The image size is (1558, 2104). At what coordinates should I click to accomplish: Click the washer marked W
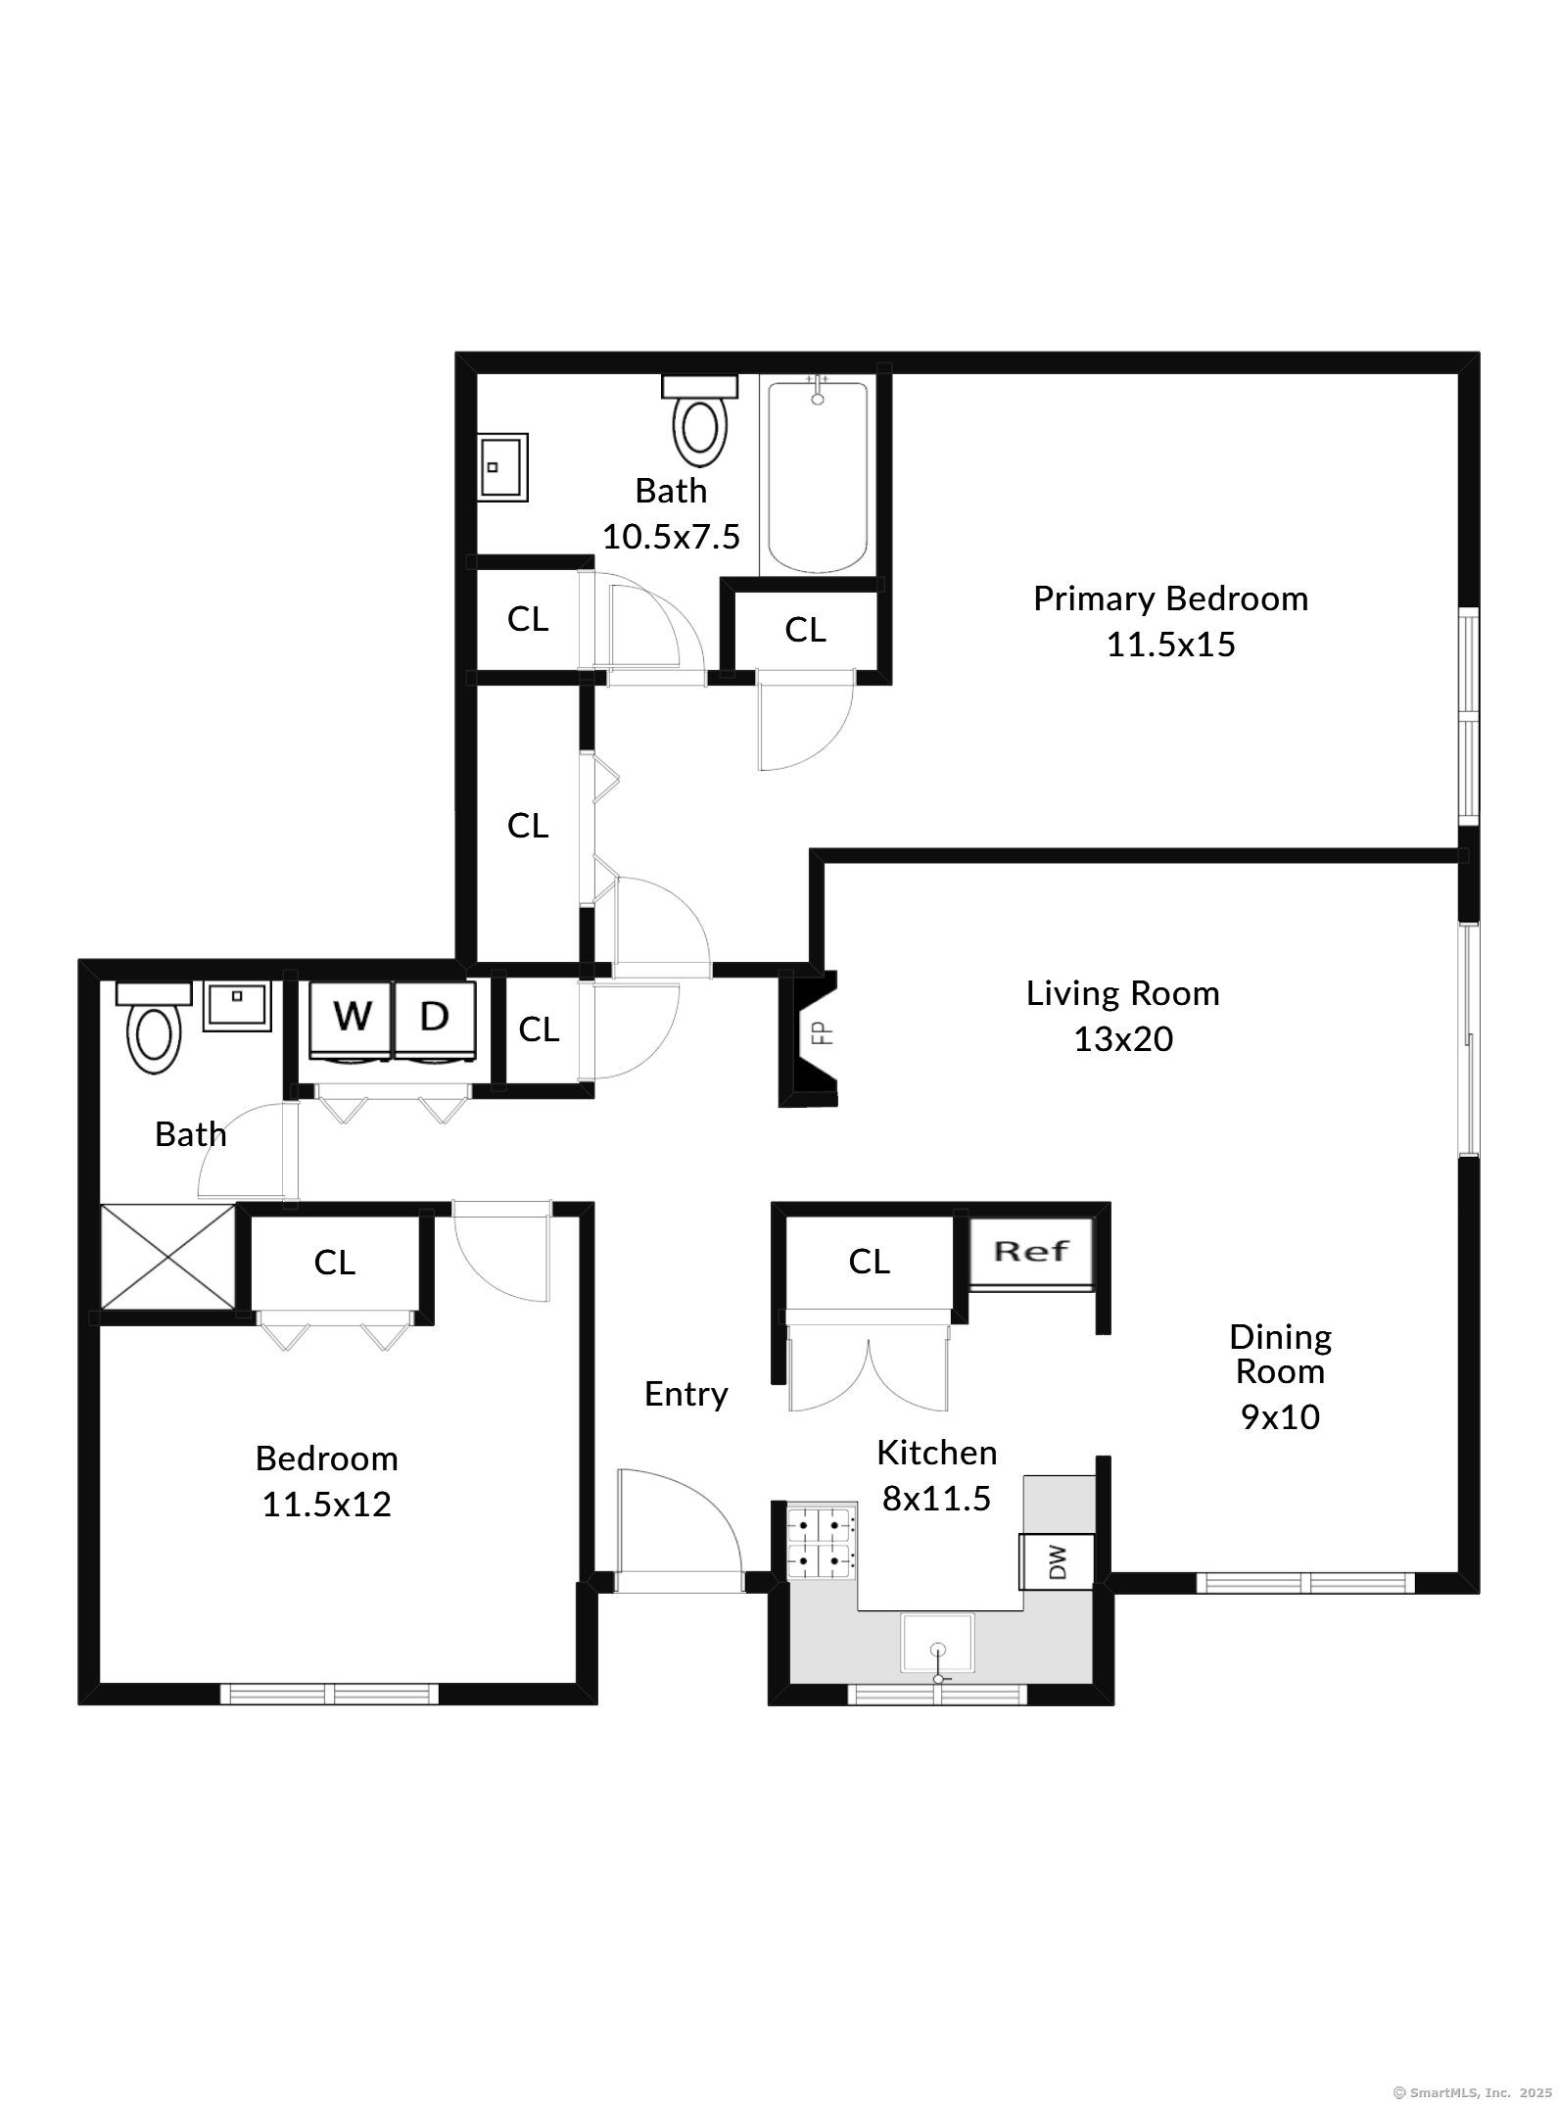352,1019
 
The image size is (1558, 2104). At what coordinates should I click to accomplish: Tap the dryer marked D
434,1019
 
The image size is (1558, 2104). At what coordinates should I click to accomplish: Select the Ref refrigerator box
1031,1252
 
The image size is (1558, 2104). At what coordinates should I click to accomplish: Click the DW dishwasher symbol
1057,1561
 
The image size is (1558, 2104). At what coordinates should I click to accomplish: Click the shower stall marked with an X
167,1257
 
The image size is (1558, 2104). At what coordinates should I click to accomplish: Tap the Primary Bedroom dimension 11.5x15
1170,645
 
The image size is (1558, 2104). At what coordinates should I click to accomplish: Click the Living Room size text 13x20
1122,1039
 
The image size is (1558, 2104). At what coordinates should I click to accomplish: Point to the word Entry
685,1394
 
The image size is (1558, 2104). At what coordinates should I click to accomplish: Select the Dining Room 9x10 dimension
1280,1416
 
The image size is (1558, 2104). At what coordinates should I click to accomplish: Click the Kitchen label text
936,1453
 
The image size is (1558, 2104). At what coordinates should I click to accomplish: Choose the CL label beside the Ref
869,1262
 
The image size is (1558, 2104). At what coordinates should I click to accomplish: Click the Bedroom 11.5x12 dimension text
326,1505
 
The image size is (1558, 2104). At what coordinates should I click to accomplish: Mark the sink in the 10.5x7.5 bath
502,467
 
